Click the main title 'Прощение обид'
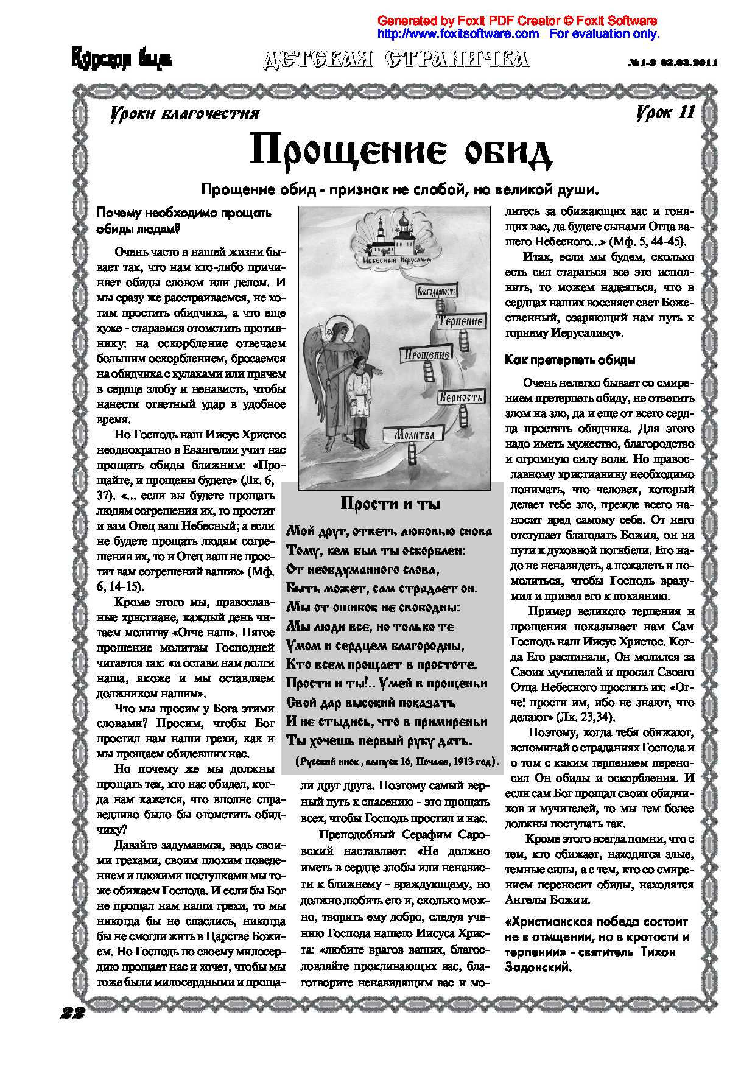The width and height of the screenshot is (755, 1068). coord(400,151)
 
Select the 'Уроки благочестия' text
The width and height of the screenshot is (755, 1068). coord(184,114)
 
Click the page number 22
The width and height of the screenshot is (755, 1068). coord(72,1013)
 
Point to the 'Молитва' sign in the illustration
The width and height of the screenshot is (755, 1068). coord(413,435)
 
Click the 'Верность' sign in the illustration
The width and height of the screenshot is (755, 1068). coord(461,397)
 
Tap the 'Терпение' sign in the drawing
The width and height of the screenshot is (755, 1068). coord(460,321)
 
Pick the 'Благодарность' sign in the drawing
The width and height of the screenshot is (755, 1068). coord(436,291)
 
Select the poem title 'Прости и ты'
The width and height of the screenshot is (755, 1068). coord(390,504)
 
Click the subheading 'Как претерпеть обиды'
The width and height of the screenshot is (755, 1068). coord(570,360)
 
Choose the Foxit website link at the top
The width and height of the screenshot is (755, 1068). coord(458,34)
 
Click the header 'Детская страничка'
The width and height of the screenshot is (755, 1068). coord(396,59)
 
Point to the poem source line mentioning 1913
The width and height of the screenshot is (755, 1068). coord(397,762)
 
